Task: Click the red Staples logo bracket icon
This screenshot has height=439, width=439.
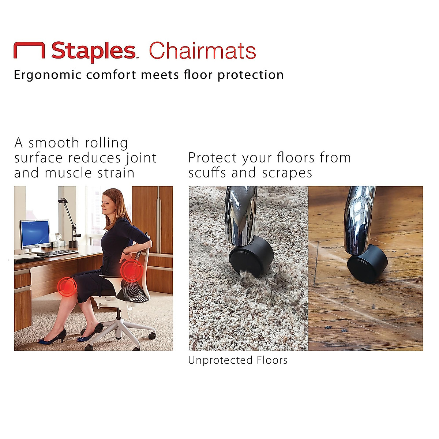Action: tap(29, 50)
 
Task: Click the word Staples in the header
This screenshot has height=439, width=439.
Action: tap(93, 51)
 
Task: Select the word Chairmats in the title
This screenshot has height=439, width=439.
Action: tap(202, 51)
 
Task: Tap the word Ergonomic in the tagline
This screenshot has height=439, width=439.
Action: tap(48, 75)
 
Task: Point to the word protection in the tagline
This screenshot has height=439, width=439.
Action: tap(251, 75)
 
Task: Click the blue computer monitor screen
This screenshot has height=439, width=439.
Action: tap(35, 233)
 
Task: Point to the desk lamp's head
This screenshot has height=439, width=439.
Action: tap(63, 200)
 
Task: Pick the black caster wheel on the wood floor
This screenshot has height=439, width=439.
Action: tap(367, 263)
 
